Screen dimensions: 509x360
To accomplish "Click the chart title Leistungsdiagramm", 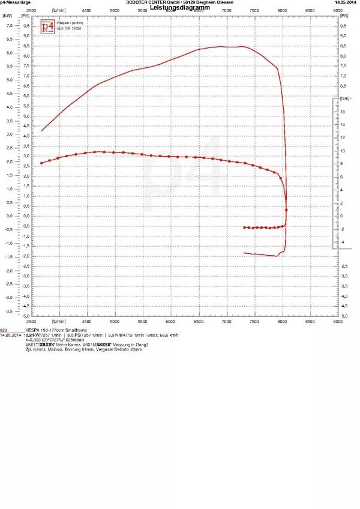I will coord(179,8).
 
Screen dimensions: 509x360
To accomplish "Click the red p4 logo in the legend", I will coord(47,26).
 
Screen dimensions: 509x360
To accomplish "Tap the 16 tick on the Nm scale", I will coord(341,112).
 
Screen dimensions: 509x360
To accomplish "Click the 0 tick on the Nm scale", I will coord(341,215).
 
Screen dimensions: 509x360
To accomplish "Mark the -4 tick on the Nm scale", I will coord(341,242).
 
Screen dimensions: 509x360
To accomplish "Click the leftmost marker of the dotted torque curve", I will coord(41,163).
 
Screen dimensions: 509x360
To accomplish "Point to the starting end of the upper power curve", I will coord(41,131).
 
